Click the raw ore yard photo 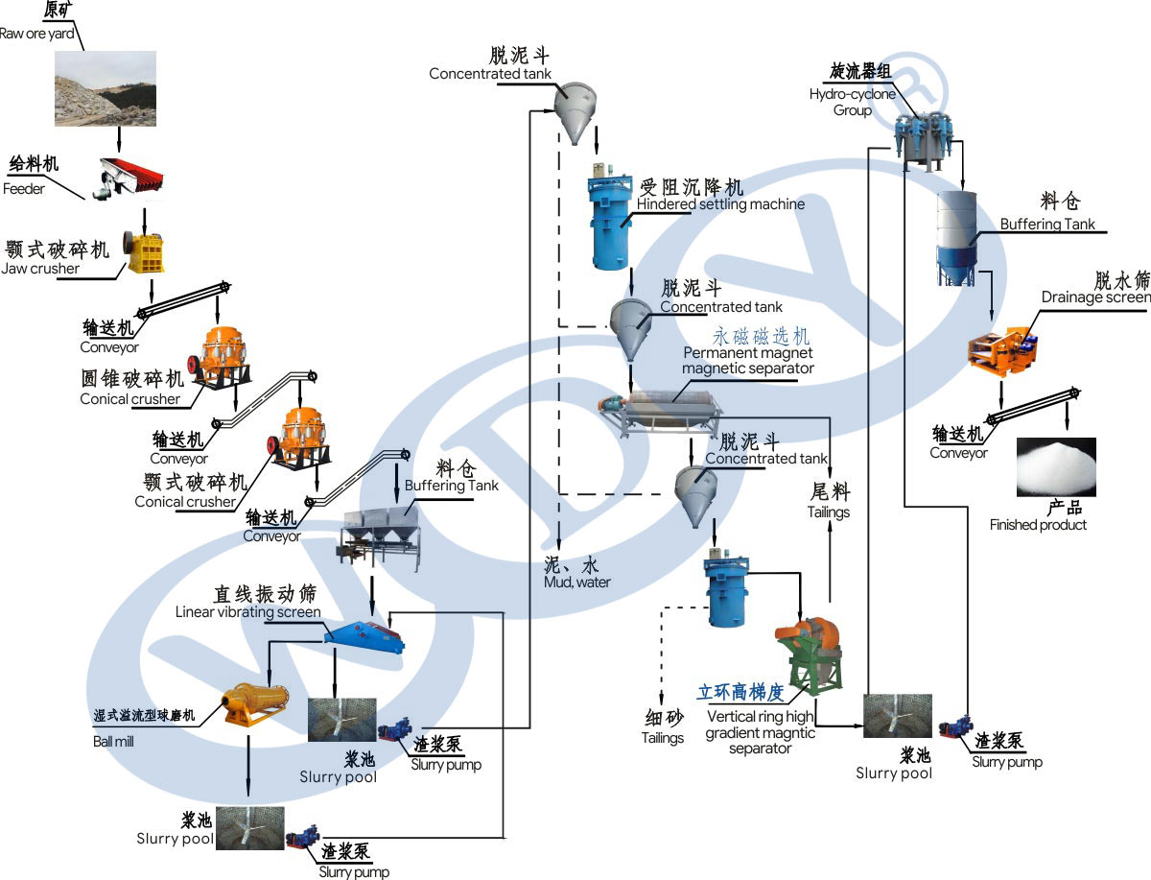point(105,88)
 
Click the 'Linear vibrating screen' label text point(247,611)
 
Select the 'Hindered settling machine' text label point(720,204)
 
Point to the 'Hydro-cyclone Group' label point(852,102)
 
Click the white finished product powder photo point(1055,466)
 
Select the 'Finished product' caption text point(1038,525)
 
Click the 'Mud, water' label point(577,582)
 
